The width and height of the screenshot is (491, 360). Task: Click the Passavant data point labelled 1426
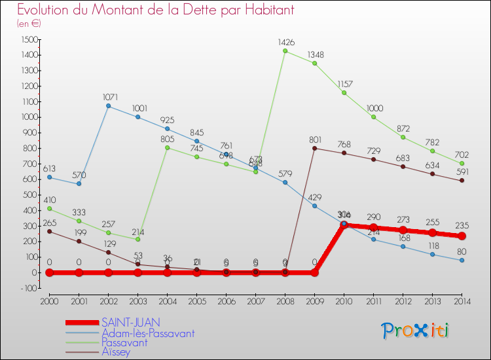pyautogui.click(x=285, y=51)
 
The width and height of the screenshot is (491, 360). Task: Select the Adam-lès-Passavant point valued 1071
pyautogui.click(x=108, y=106)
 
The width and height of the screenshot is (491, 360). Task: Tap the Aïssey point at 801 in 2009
pyautogui.click(x=314, y=148)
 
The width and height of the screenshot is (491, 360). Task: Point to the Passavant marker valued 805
pyautogui.click(x=167, y=147)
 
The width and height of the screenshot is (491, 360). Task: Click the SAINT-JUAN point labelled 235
pyautogui.click(x=462, y=236)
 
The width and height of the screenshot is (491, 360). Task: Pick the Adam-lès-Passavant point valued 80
pyautogui.click(x=462, y=260)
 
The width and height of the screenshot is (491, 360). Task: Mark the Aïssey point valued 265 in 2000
pyautogui.click(x=49, y=231)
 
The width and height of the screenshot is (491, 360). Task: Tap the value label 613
pyautogui.click(x=50, y=168)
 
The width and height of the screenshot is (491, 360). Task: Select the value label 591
pyautogui.click(x=463, y=171)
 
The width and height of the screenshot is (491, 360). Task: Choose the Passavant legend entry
pyautogui.click(x=124, y=342)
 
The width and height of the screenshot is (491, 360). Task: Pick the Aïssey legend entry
pyautogui.click(x=116, y=352)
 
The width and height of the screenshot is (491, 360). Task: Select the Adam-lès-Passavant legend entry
pyautogui.click(x=147, y=333)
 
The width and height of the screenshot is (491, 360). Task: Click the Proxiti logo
pyautogui.click(x=416, y=331)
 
